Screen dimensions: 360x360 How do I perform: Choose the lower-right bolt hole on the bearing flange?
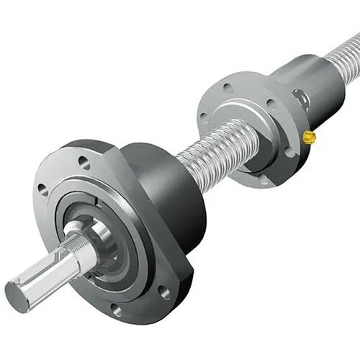[x=165, y=293]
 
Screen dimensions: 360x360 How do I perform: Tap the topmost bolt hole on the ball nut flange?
[x=228, y=88]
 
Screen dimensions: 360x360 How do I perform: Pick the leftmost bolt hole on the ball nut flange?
[x=204, y=117]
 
